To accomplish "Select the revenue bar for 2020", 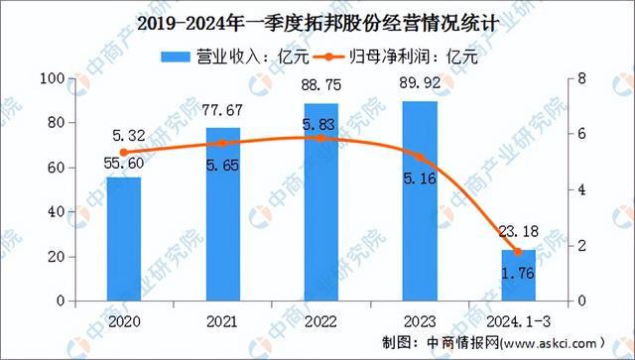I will coord(124,238).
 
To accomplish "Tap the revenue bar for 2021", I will coord(222,213).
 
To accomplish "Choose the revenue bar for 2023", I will coord(420,199).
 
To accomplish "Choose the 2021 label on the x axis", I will coord(222,321).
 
